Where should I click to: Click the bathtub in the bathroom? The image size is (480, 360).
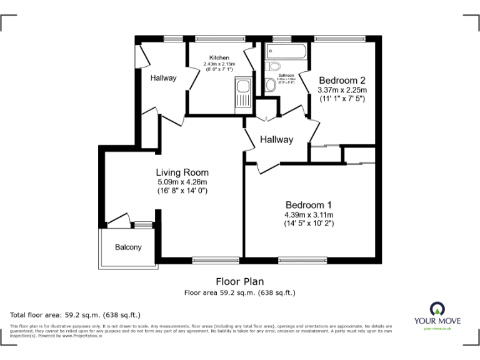click(x=285, y=51)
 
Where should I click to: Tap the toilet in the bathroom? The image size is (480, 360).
click(x=272, y=67)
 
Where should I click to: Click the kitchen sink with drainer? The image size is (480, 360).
click(x=242, y=96)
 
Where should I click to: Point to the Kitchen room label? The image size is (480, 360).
click(x=219, y=57)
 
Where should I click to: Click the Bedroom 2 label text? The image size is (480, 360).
click(x=342, y=80)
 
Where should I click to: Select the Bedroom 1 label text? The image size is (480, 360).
click(x=308, y=205)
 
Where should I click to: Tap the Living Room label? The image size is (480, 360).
click(x=182, y=172)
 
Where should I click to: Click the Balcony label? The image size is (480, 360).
click(x=128, y=247)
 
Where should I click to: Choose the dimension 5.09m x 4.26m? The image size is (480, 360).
click(x=182, y=182)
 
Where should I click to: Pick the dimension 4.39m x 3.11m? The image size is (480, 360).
click(x=308, y=215)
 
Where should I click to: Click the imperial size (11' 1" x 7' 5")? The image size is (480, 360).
click(x=342, y=99)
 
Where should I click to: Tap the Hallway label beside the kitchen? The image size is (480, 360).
click(x=163, y=78)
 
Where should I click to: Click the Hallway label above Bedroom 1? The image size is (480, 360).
click(x=276, y=139)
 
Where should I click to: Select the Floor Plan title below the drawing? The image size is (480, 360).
click(x=239, y=281)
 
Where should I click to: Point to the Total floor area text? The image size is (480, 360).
click(x=76, y=315)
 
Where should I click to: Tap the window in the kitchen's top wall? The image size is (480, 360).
click(x=220, y=39)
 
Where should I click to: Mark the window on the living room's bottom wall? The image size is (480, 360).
click(x=216, y=259)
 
